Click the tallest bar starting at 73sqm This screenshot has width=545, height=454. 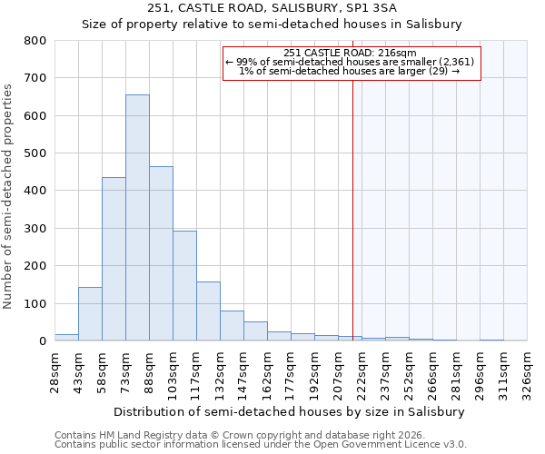137,218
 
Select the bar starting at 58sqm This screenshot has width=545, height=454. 114,259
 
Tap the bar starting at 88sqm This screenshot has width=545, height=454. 161,253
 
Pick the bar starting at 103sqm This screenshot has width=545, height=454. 184,286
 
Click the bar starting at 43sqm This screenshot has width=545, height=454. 90,314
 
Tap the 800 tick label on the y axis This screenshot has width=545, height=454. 35,41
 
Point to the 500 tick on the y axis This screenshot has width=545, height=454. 35,153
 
